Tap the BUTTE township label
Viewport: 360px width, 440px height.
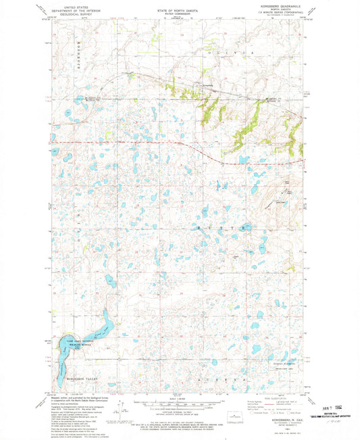[217, 229]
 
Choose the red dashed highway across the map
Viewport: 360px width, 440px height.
[135, 143]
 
